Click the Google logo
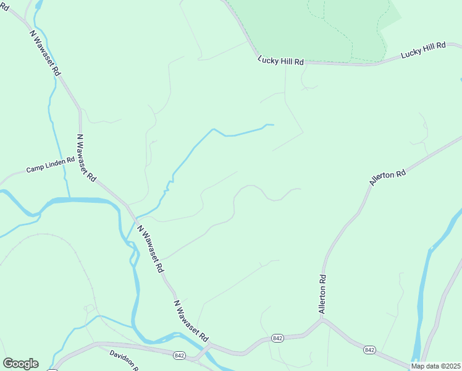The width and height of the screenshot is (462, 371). tap(20, 363)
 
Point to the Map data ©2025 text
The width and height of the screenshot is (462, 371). tap(435, 366)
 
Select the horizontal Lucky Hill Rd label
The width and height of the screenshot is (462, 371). tap(281, 61)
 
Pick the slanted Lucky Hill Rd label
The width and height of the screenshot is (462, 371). tap(423, 51)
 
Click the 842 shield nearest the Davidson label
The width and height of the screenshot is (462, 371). tap(179, 355)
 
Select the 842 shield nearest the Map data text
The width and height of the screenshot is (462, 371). tap(369, 350)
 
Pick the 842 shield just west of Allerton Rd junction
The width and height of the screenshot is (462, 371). tap(277, 338)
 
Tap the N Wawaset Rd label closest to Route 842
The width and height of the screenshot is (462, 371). tap(191, 321)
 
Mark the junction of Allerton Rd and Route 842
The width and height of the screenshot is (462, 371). tap(322, 320)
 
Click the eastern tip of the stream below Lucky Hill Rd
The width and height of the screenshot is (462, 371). tap(272, 126)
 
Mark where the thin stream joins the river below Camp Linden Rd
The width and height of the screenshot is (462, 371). tap(69, 198)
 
